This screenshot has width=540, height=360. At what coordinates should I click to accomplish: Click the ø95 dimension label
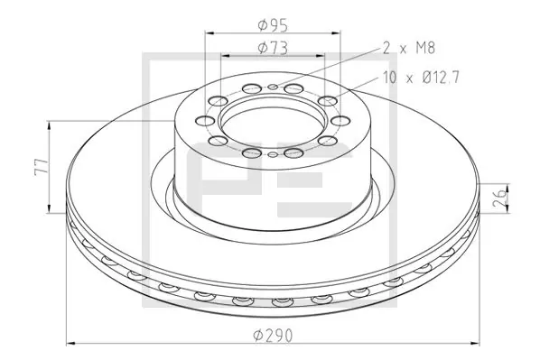click(x=273, y=25)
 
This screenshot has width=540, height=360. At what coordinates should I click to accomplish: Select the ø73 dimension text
click(x=273, y=48)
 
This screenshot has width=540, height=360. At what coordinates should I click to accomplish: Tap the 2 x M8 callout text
click(x=409, y=48)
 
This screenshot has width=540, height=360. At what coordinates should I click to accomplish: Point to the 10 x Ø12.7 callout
click(x=421, y=78)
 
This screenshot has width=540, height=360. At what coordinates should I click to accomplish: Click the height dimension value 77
click(x=42, y=167)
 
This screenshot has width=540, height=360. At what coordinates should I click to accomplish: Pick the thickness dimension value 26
click(x=500, y=198)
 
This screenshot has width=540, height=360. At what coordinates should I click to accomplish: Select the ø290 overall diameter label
click(x=273, y=336)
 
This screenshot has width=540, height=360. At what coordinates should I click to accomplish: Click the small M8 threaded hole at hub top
click(x=273, y=86)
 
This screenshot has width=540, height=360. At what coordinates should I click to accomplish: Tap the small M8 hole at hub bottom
click(x=273, y=154)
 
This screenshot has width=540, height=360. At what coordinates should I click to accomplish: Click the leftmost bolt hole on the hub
click(x=205, y=121)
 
